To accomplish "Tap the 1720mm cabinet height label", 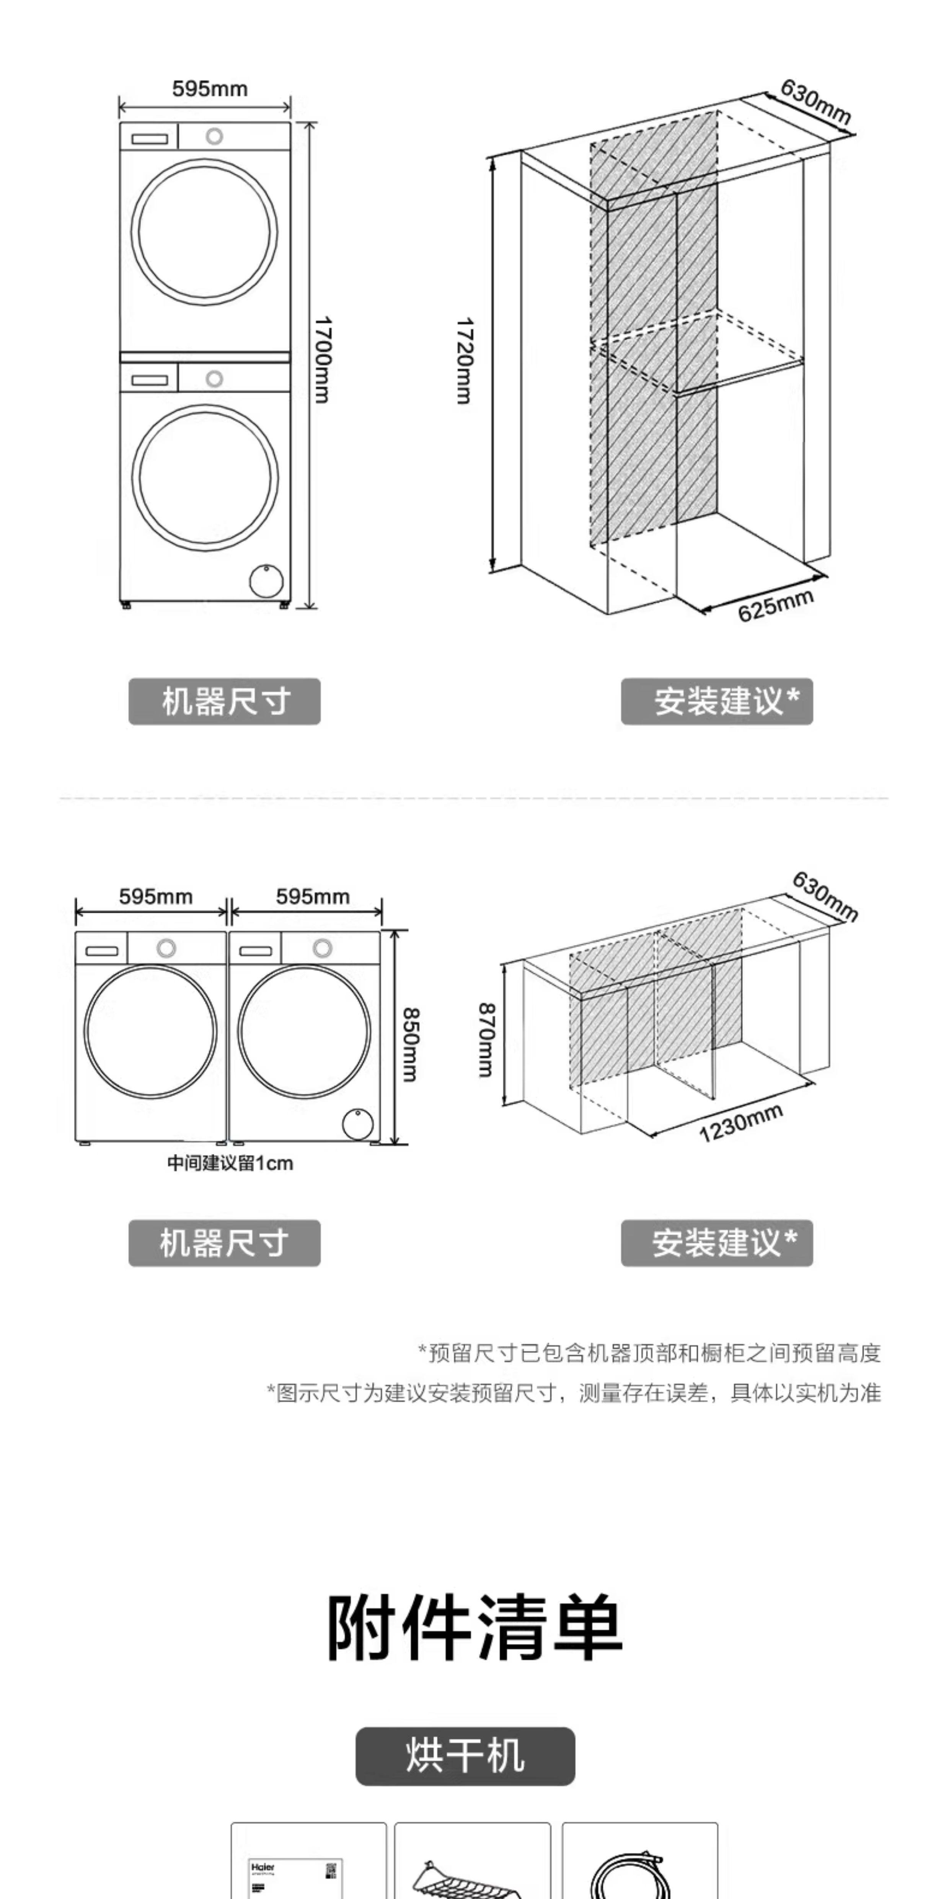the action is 464,361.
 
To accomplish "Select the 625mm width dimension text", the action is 775,606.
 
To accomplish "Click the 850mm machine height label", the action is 410,1044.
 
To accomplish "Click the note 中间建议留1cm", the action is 230,1163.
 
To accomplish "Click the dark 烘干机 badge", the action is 465,1755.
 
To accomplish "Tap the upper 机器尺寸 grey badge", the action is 225,701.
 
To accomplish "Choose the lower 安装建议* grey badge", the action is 717,1243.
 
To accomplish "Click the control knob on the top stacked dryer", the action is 214,136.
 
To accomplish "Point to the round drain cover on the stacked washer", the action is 266,581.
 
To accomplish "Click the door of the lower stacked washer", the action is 205,477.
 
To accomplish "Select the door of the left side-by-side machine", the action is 150,1031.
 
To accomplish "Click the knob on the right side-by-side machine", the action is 322,948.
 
